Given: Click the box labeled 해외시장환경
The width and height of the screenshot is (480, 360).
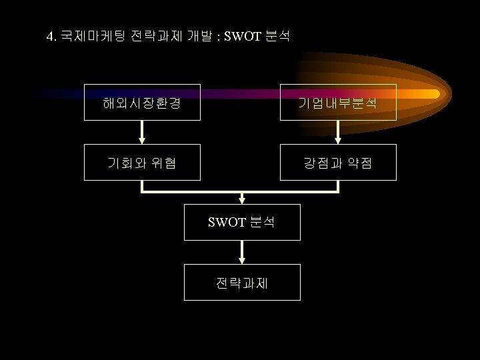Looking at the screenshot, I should coord(142,102).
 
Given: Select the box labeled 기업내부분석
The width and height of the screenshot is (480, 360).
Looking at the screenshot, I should coord(338,102).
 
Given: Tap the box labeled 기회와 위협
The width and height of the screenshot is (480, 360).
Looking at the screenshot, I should coord(142,162).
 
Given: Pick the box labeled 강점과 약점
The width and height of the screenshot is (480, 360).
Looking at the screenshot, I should coord(338,162).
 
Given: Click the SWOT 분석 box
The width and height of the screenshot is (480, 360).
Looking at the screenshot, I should coord(242,222).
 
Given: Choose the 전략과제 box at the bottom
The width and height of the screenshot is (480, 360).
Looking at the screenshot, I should coord(242,282).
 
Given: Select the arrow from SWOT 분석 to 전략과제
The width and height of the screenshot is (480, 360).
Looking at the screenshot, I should coord(242,252).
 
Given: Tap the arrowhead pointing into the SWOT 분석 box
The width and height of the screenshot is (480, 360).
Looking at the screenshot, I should coord(242,199).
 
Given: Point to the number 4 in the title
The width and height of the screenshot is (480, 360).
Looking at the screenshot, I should coord(50,36).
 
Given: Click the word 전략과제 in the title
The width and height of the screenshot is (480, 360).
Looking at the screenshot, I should coord(152,36).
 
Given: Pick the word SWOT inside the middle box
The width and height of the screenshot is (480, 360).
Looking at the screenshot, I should coord(227,222).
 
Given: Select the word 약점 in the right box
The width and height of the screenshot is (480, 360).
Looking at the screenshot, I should coord(359,162).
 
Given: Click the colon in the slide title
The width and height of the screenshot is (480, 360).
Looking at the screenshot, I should coord(218,37).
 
